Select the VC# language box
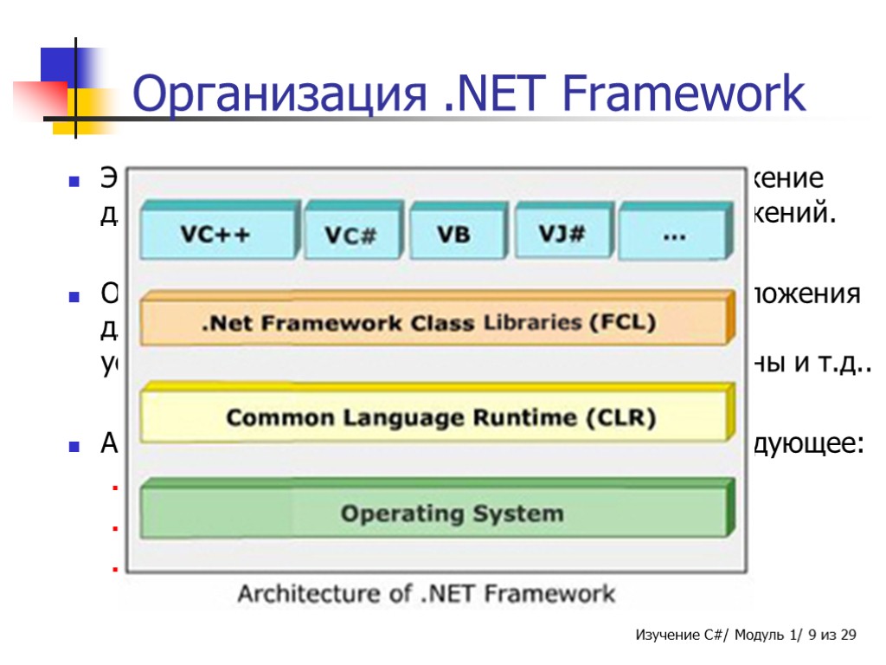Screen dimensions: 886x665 tap(350, 235)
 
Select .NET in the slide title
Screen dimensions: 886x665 tap(476, 95)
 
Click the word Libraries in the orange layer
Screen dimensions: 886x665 tap(531, 323)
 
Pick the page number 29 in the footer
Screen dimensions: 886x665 tap(848, 636)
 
